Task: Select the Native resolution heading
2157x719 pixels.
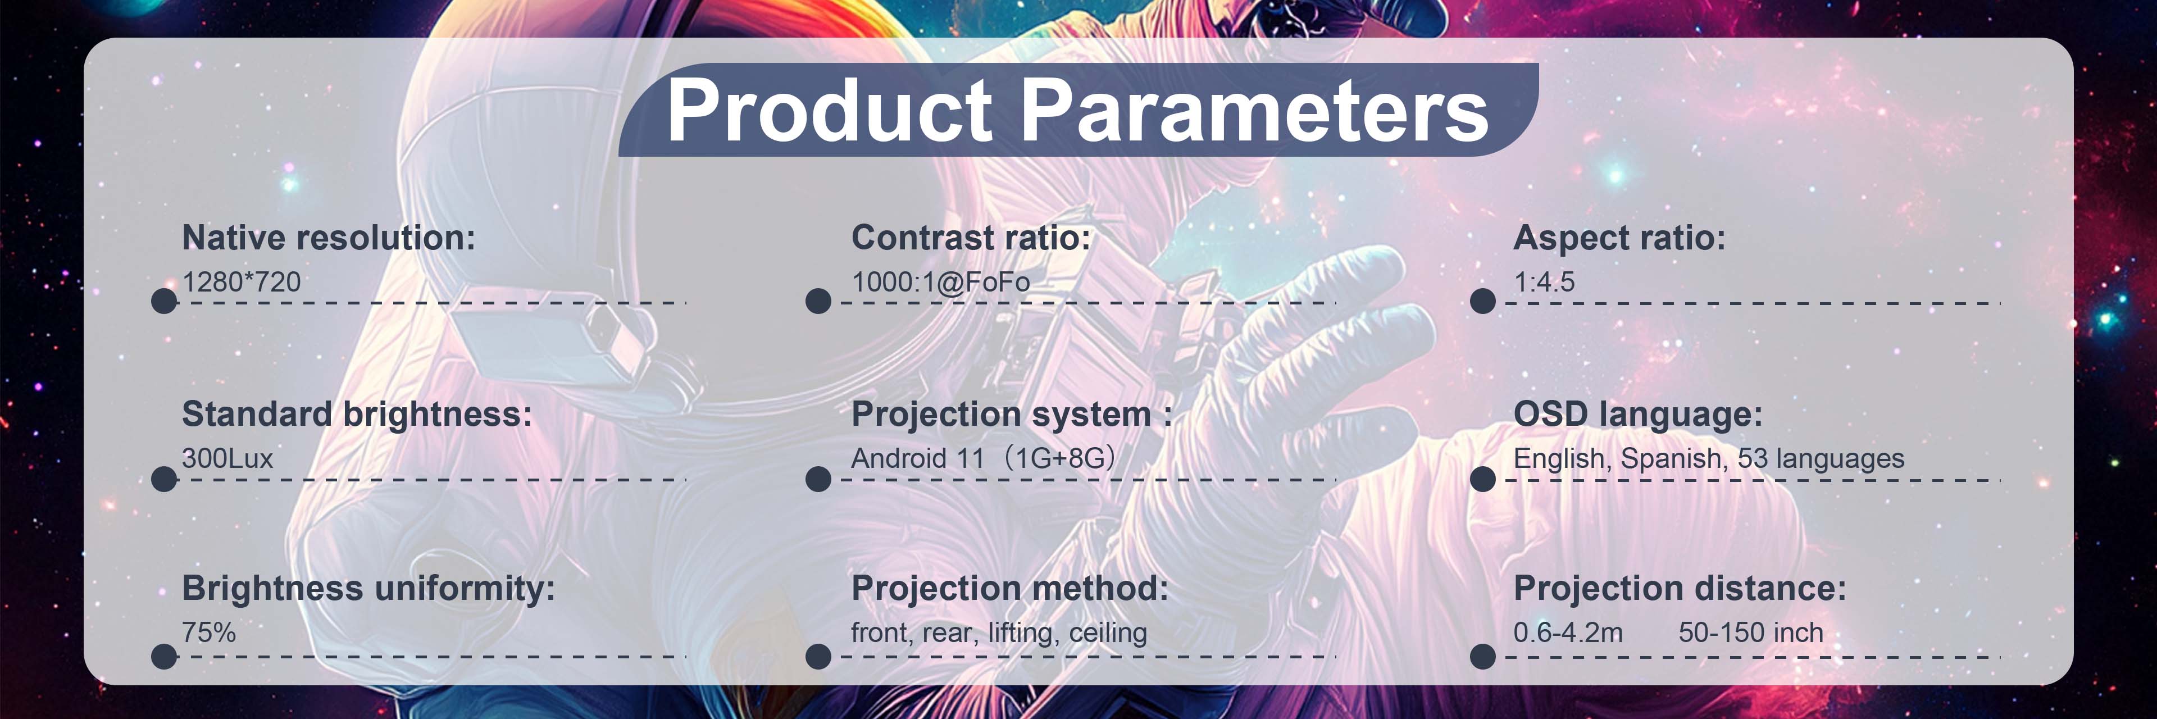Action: click(x=328, y=238)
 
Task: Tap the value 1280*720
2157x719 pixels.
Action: click(x=241, y=282)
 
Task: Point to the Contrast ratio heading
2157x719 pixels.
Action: click(x=971, y=238)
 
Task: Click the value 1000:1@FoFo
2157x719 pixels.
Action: click(x=940, y=282)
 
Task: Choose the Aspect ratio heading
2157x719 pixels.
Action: click(x=1619, y=238)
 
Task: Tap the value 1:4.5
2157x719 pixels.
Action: click(x=1544, y=282)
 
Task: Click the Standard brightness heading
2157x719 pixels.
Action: click(x=357, y=415)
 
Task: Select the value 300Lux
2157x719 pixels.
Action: click(x=227, y=459)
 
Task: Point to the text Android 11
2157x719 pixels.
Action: click(x=918, y=459)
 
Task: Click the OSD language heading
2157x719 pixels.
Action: click(x=1638, y=415)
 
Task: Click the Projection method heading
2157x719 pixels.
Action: click(x=1010, y=589)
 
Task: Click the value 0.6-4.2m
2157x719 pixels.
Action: click(x=1568, y=633)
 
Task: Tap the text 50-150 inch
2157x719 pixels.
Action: click(x=1751, y=633)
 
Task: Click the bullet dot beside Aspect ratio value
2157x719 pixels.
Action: click(x=1482, y=301)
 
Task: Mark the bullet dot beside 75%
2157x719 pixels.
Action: click(x=164, y=656)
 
